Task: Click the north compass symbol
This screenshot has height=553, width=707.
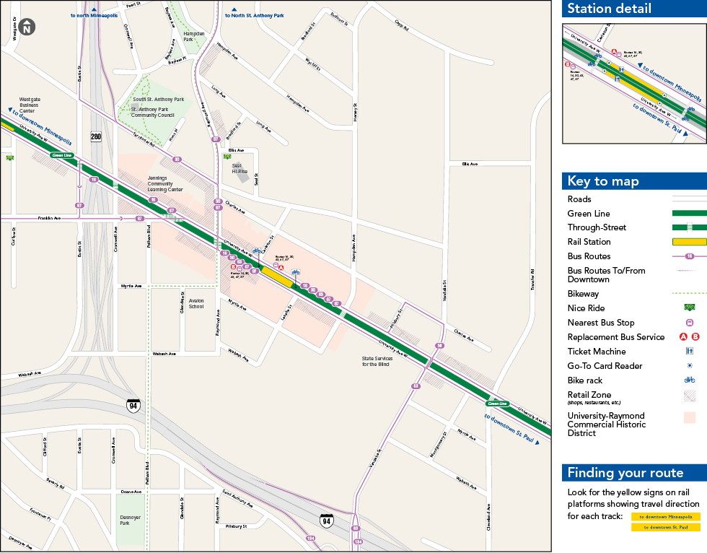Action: click(x=27, y=27)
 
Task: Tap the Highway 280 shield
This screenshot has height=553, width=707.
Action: click(x=96, y=136)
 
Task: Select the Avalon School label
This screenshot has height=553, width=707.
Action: click(x=196, y=303)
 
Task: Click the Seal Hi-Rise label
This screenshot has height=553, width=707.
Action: click(x=240, y=168)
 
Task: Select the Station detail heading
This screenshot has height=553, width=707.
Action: click(x=609, y=9)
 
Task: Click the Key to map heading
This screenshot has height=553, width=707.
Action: click(x=603, y=181)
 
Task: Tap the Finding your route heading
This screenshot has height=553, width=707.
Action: click(x=625, y=473)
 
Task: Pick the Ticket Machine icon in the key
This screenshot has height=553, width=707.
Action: click(x=689, y=352)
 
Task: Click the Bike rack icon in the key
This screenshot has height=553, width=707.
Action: click(x=689, y=380)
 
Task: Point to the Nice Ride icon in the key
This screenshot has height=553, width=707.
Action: click(x=689, y=308)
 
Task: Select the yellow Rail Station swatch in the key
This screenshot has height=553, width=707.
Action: click(x=689, y=242)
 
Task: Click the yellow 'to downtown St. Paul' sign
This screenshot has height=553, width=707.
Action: click(x=665, y=527)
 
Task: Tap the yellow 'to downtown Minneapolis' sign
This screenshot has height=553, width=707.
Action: click(x=665, y=517)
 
